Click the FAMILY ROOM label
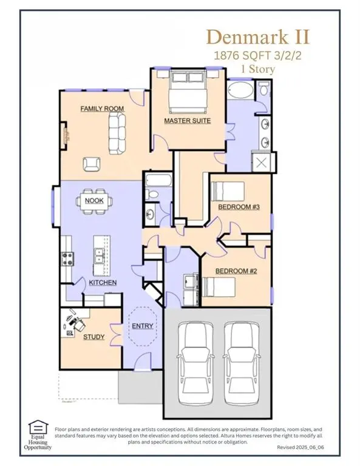pyautogui.click(x=102, y=109)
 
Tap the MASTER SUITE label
pyautogui.click(x=187, y=121)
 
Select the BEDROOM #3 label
pyautogui.click(x=239, y=208)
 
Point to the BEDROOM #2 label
pyautogui.click(x=237, y=271)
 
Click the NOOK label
pyautogui.click(x=93, y=201)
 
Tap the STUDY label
pyautogui.click(x=93, y=337)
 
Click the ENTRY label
pyautogui.click(x=143, y=326)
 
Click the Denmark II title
pyautogui.click(x=259, y=36)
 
